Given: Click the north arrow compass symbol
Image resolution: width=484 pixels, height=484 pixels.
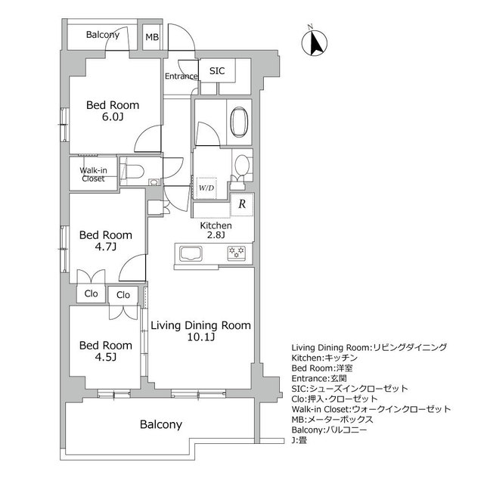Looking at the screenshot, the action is click(315, 42).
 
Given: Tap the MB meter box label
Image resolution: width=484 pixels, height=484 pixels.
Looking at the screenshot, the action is click(152, 37).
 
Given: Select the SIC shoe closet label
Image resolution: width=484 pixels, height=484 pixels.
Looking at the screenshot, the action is click(217, 70).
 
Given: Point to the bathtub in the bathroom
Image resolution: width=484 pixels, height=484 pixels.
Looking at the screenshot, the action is click(240, 122).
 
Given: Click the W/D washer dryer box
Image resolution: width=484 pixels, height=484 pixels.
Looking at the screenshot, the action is click(206, 188).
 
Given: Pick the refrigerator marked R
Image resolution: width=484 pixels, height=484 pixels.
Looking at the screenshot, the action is click(242, 204).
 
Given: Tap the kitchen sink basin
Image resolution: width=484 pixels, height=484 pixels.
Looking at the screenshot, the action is click(191, 254).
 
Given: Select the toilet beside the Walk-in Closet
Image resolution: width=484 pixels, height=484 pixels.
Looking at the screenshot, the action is click(135, 172).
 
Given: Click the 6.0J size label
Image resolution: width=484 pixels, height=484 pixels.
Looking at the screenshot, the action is click(113, 117).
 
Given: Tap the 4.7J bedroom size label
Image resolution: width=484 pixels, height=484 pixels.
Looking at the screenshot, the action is click(106, 247).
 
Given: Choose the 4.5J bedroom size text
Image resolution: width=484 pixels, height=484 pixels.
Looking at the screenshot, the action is click(106, 357).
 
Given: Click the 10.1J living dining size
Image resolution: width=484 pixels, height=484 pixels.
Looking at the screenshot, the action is click(200, 337).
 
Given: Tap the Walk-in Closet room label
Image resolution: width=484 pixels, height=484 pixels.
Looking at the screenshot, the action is click(93, 175).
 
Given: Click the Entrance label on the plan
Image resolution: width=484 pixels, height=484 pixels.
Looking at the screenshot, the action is click(181, 76).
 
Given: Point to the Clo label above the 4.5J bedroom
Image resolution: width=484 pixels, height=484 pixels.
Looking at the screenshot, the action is click(123, 295).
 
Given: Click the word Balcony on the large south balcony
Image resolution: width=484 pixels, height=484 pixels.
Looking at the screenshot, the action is click(161, 424).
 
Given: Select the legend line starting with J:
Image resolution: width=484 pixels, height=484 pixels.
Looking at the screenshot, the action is click(299, 440).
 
